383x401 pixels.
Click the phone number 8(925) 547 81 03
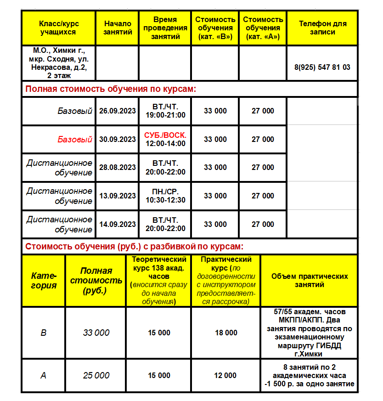[322, 67]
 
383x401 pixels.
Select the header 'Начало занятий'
[118, 28]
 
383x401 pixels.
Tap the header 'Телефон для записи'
[322, 28]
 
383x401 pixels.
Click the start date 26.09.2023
[118, 111]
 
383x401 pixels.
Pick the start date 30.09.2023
[118, 139]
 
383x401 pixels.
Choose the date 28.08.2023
[118, 168]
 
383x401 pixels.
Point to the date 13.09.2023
[118, 196]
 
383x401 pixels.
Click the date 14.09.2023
[118, 224]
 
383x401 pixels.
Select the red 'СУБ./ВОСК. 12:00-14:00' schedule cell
[165, 139]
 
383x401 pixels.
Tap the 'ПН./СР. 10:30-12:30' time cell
[165, 196]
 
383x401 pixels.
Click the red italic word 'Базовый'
[75, 140]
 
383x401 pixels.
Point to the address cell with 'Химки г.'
[59, 63]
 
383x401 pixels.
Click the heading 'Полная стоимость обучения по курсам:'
[111, 89]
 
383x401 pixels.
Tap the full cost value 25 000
[96, 375]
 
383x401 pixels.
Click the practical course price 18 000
[226, 333]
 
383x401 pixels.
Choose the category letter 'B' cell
[44, 333]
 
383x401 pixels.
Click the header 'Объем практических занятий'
[310, 280]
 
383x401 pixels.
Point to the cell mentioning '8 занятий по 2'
[310, 375]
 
